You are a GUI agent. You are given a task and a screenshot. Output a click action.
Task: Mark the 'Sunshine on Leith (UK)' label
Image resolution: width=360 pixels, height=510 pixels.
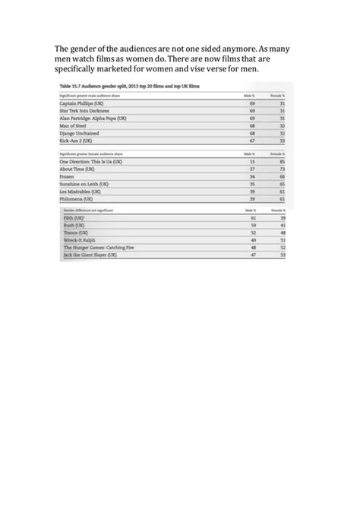[85, 183]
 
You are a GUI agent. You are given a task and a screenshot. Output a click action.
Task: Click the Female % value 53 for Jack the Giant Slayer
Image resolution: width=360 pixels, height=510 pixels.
[283, 255]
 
